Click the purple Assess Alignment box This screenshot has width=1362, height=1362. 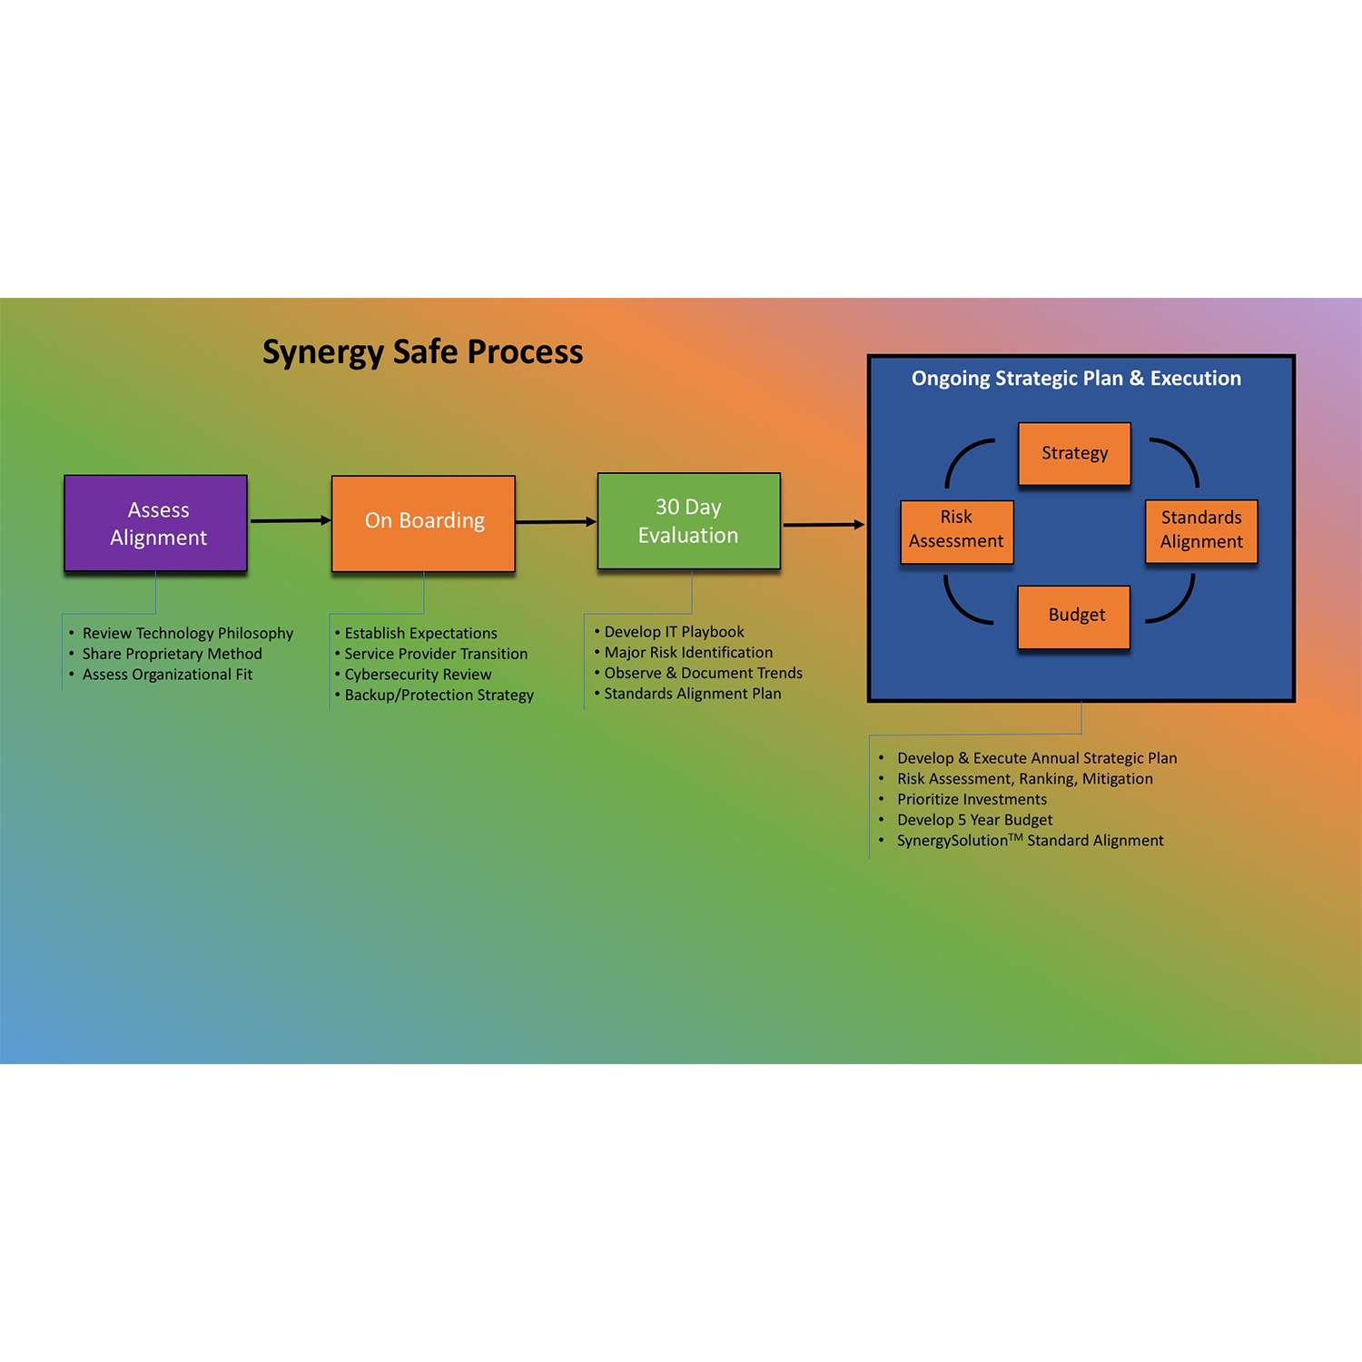156,523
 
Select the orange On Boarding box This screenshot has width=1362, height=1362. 423,523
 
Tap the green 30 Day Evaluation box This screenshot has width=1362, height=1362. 688,521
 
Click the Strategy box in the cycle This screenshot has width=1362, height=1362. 1074,453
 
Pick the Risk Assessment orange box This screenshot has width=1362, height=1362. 956,530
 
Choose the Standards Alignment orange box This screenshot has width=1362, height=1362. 1201,530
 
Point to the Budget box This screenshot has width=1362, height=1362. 1074,616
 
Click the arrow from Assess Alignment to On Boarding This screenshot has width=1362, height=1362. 289,520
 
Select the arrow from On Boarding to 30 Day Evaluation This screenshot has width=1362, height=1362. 555,521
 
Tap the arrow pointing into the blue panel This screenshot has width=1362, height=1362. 823,525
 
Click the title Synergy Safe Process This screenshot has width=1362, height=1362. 422,352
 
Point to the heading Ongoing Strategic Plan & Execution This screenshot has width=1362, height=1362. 1076,379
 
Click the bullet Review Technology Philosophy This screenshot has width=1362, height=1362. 188,633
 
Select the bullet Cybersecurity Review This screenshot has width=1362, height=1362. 418,675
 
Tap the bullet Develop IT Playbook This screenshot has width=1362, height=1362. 674,632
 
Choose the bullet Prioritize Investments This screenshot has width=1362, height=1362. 972,800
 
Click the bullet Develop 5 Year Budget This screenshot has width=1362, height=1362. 974,820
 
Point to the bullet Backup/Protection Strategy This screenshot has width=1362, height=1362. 439,696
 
